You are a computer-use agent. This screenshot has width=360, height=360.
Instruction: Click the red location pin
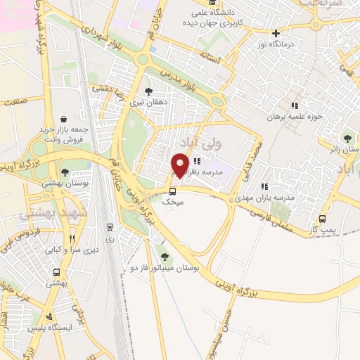(x=181, y=165)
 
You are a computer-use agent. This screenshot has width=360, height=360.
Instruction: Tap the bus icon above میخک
(x=172, y=191)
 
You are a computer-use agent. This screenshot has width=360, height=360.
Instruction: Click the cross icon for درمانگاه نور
(x=276, y=33)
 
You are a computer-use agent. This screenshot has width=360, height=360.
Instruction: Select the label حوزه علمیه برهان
(x=294, y=117)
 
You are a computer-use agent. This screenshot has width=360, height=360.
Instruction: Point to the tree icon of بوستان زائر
(x=346, y=138)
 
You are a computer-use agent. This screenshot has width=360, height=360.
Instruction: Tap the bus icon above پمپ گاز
(x=323, y=218)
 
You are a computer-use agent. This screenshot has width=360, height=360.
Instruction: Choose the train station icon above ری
(x=110, y=226)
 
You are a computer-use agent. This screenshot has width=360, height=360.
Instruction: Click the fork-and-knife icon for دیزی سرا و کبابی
(x=72, y=238)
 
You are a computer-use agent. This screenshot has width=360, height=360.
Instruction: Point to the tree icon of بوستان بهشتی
(x=65, y=172)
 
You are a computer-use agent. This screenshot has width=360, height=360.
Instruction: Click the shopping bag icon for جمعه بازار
(x=65, y=119)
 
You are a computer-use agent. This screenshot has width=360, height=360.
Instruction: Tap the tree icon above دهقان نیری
(x=148, y=91)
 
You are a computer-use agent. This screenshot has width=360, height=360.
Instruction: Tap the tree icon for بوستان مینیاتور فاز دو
(x=165, y=257)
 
